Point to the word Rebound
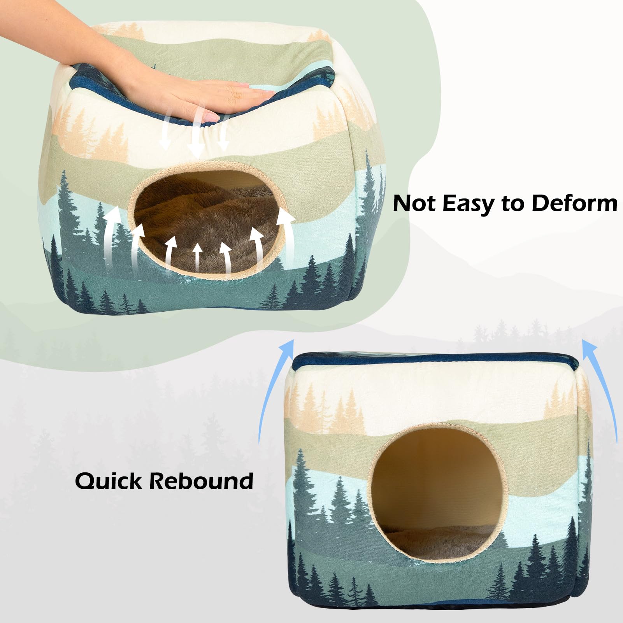201,481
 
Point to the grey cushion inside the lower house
432,537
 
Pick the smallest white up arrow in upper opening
197,257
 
